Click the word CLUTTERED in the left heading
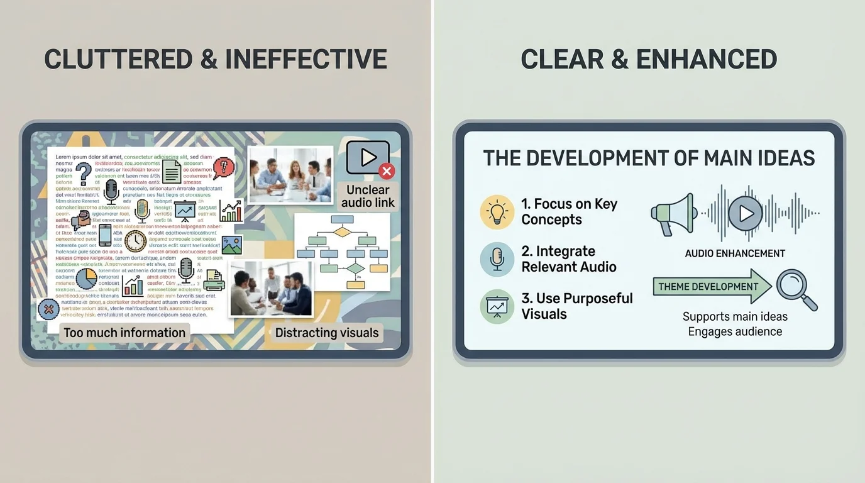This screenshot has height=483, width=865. pos(118,59)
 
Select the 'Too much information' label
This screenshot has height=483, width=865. pos(124,333)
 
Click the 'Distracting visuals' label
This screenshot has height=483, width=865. pos(327,333)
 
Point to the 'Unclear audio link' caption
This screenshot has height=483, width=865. pos(368,196)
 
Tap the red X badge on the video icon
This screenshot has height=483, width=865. pos(387,170)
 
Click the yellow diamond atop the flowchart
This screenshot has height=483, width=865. pos(342,232)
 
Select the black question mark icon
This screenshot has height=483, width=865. pos(84,174)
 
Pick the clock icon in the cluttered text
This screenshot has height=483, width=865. pos(135,241)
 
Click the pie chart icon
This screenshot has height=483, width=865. pos(86,279)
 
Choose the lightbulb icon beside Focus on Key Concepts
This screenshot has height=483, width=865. pos(497,212)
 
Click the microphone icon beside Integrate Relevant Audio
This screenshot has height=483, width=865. pos(497,259)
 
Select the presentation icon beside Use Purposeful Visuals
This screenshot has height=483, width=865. pos(497,306)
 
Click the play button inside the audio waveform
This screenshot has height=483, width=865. pos(746,214)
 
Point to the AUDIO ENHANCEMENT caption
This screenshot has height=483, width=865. pos(734,253)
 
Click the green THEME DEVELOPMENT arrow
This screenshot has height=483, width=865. pos(710,287)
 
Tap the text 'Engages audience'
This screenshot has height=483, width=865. pos(734,331)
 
